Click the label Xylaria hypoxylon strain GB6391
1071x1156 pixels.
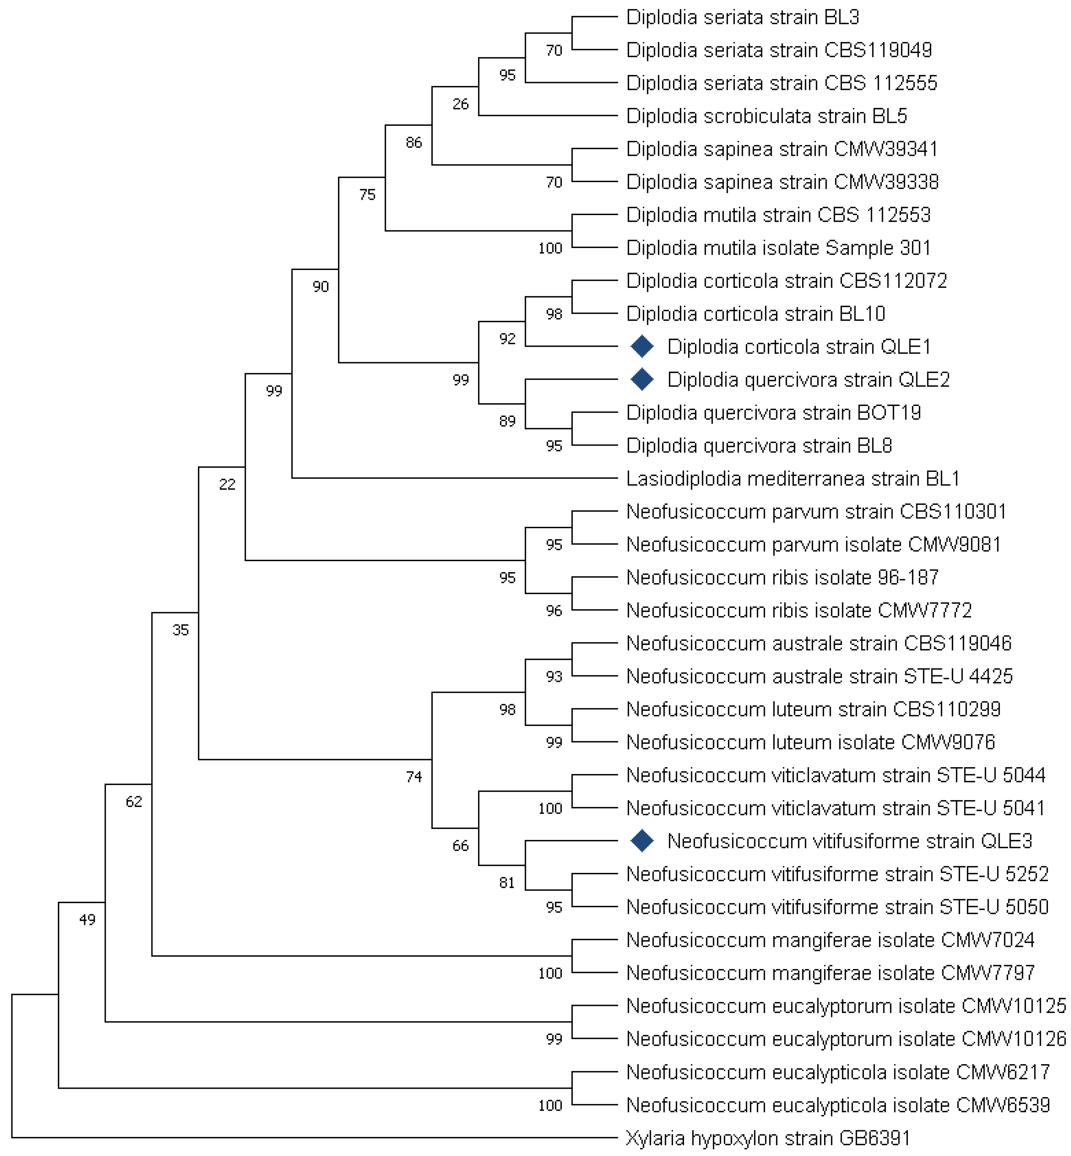768,1138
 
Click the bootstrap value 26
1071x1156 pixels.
460,104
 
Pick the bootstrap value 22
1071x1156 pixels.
227,484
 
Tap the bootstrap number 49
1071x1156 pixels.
87,919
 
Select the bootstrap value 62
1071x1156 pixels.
134,802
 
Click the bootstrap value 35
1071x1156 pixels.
181,630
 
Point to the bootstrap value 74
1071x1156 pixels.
414,777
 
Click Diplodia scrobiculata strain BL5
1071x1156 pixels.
766,116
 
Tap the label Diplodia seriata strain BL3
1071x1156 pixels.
743,18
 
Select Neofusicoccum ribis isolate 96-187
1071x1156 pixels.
782,577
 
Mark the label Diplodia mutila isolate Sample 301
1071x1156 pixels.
778,248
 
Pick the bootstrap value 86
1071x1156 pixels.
414,143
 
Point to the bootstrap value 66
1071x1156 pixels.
460,846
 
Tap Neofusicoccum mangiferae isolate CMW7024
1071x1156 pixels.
830,940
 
